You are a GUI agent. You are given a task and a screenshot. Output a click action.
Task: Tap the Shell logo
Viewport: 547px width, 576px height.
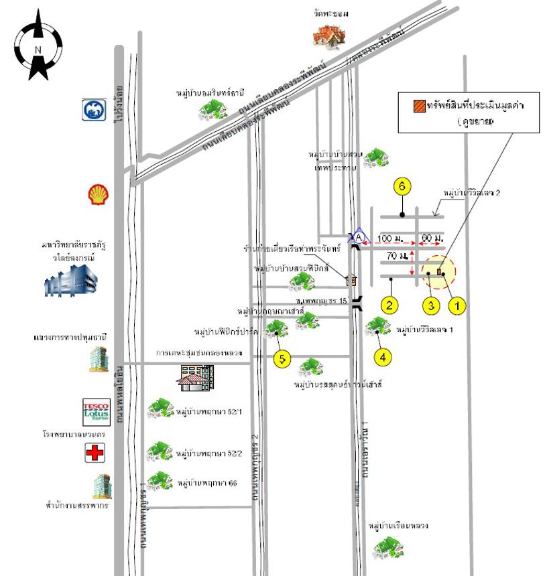click(99, 194)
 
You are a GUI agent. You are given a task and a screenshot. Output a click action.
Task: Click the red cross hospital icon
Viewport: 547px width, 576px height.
click(95, 455)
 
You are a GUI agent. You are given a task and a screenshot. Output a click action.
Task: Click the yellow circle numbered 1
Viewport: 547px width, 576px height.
click(457, 305)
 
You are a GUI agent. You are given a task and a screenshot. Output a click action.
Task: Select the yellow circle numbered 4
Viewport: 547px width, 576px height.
click(383, 356)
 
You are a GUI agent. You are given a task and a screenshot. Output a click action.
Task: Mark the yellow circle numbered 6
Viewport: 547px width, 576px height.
click(402, 188)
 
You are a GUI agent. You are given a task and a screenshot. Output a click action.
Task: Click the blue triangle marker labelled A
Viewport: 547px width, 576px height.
click(359, 236)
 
